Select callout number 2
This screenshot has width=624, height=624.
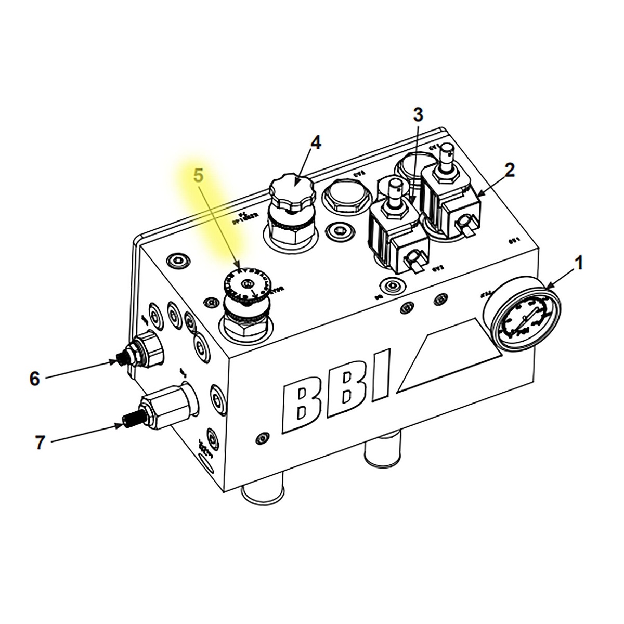pos(510,171)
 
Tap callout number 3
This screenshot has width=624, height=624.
pos(419,114)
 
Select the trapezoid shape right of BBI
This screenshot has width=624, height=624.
pos(447,361)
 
